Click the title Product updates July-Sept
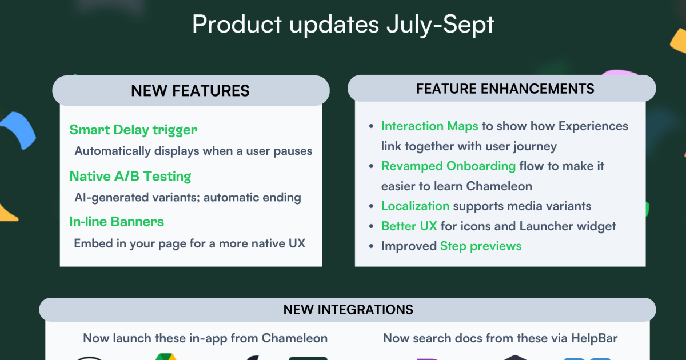(x=343, y=25)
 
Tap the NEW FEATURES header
(x=190, y=90)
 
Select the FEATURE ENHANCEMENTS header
(x=505, y=89)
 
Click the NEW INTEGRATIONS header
(x=348, y=310)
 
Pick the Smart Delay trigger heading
(x=133, y=130)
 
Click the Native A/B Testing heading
(x=130, y=176)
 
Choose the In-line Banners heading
(x=117, y=222)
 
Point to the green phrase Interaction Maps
(x=429, y=126)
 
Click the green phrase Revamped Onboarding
(x=448, y=166)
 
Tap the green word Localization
(x=415, y=206)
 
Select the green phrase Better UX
(x=409, y=226)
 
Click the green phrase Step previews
(x=480, y=246)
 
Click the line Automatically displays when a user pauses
(x=193, y=151)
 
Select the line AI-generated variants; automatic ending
(x=188, y=198)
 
